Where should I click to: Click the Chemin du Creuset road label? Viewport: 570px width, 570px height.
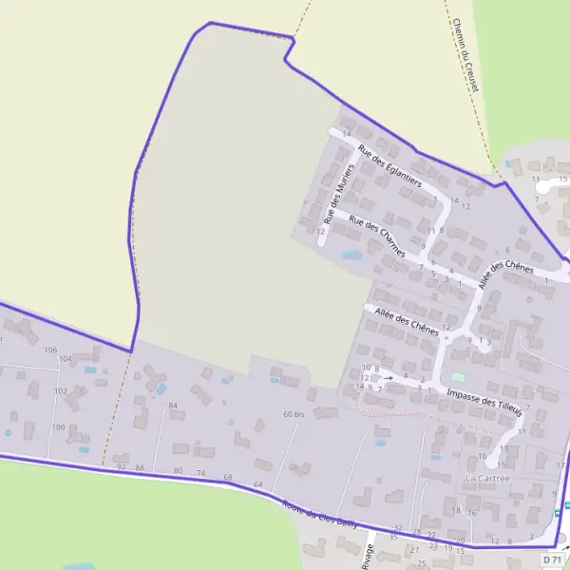(x=465, y=55)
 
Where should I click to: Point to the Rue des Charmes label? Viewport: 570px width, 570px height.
(x=377, y=237)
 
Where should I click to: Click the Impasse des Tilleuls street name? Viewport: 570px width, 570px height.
(x=484, y=404)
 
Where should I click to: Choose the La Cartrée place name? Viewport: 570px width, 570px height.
(x=487, y=479)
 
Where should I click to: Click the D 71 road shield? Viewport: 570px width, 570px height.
(x=553, y=560)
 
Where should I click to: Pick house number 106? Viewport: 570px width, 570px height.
(x=50, y=351)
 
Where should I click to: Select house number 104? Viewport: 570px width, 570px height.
(x=65, y=359)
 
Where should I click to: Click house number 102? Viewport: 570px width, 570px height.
(x=60, y=391)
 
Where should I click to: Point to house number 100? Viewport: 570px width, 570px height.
(x=58, y=427)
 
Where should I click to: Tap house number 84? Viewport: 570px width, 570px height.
(x=173, y=407)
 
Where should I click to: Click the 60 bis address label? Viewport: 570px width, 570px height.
(x=294, y=414)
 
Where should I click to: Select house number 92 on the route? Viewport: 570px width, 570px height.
(x=121, y=467)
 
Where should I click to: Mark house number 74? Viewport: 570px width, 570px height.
(x=200, y=472)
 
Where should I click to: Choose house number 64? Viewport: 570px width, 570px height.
(x=257, y=485)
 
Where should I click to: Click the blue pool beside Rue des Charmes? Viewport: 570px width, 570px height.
(x=351, y=255)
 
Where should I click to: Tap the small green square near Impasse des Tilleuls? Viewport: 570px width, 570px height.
(x=458, y=376)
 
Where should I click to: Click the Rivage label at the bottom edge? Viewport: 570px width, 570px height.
(x=368, y=558)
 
